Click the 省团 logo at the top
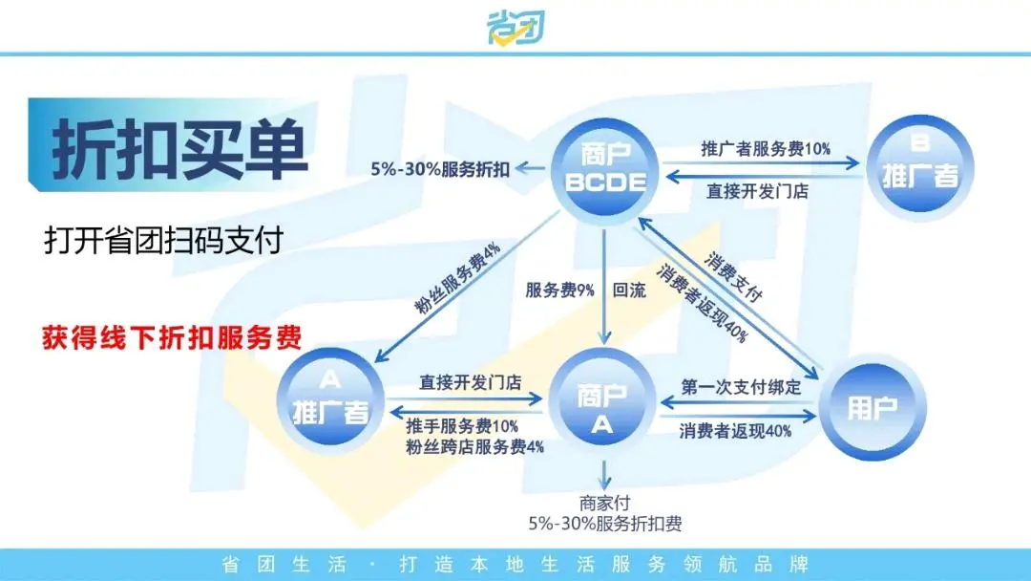pos(515,27)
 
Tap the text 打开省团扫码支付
pos(163,240)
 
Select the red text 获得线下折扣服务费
pos(173,337)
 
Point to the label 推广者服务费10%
pos(766,149)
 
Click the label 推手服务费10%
pos(462,426)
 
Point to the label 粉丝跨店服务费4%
pos(475,445)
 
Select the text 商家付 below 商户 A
pos(604,503)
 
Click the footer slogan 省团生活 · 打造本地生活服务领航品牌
pos(515,564)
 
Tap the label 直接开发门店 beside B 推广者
pos(757,190)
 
